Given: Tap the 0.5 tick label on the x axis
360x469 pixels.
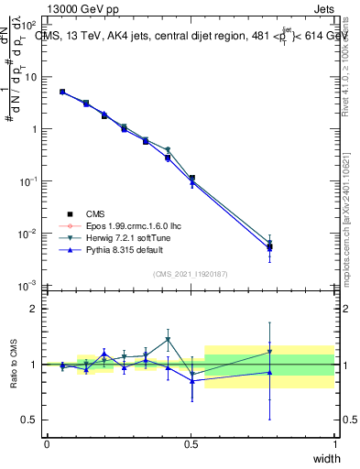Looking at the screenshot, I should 191,444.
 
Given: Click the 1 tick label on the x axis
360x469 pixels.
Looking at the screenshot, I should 335,444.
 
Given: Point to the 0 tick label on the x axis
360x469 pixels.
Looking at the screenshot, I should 47,444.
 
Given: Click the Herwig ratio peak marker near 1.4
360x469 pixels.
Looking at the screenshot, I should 168,339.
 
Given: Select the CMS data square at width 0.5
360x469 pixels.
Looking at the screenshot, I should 191,179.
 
